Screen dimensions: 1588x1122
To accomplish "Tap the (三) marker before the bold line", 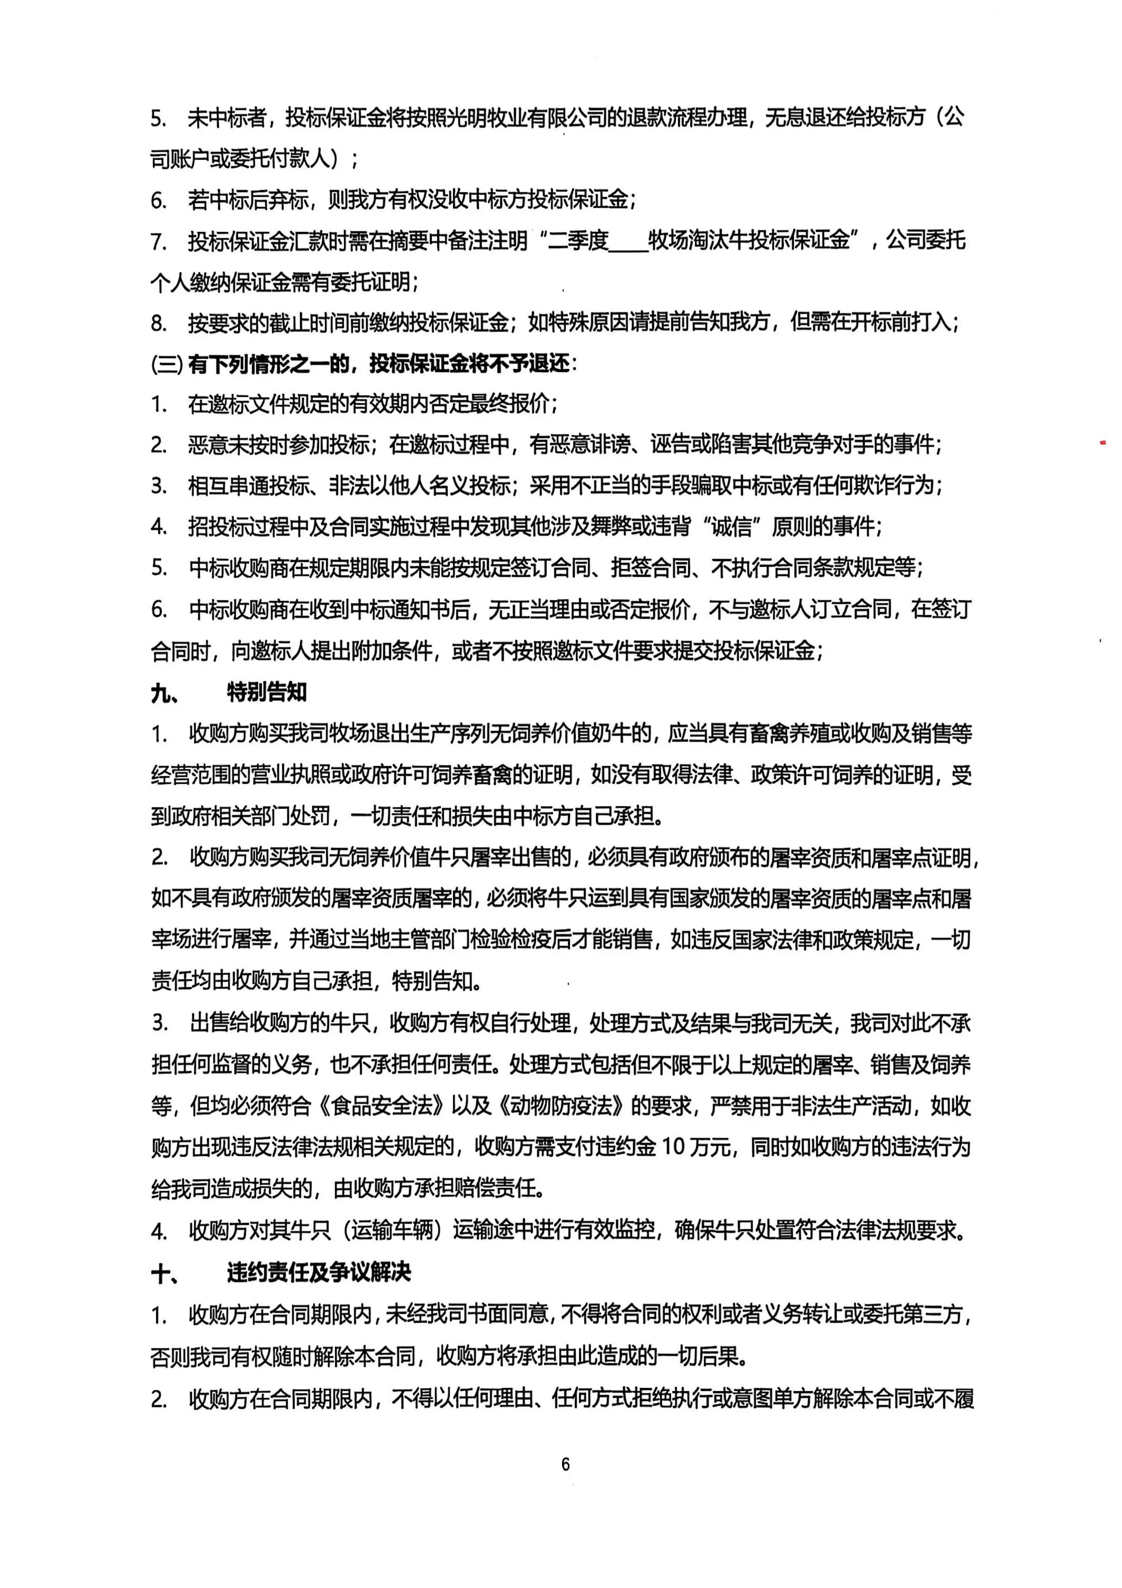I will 166,364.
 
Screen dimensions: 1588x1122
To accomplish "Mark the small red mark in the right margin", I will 1103,441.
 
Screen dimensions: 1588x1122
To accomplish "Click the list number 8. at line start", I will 159,323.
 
